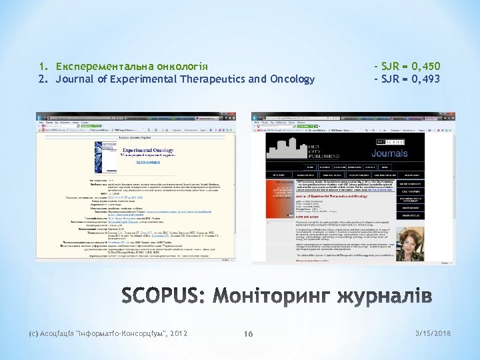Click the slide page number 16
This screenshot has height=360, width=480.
click(248, 334)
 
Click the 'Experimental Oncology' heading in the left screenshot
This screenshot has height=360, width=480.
click(148, 151)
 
